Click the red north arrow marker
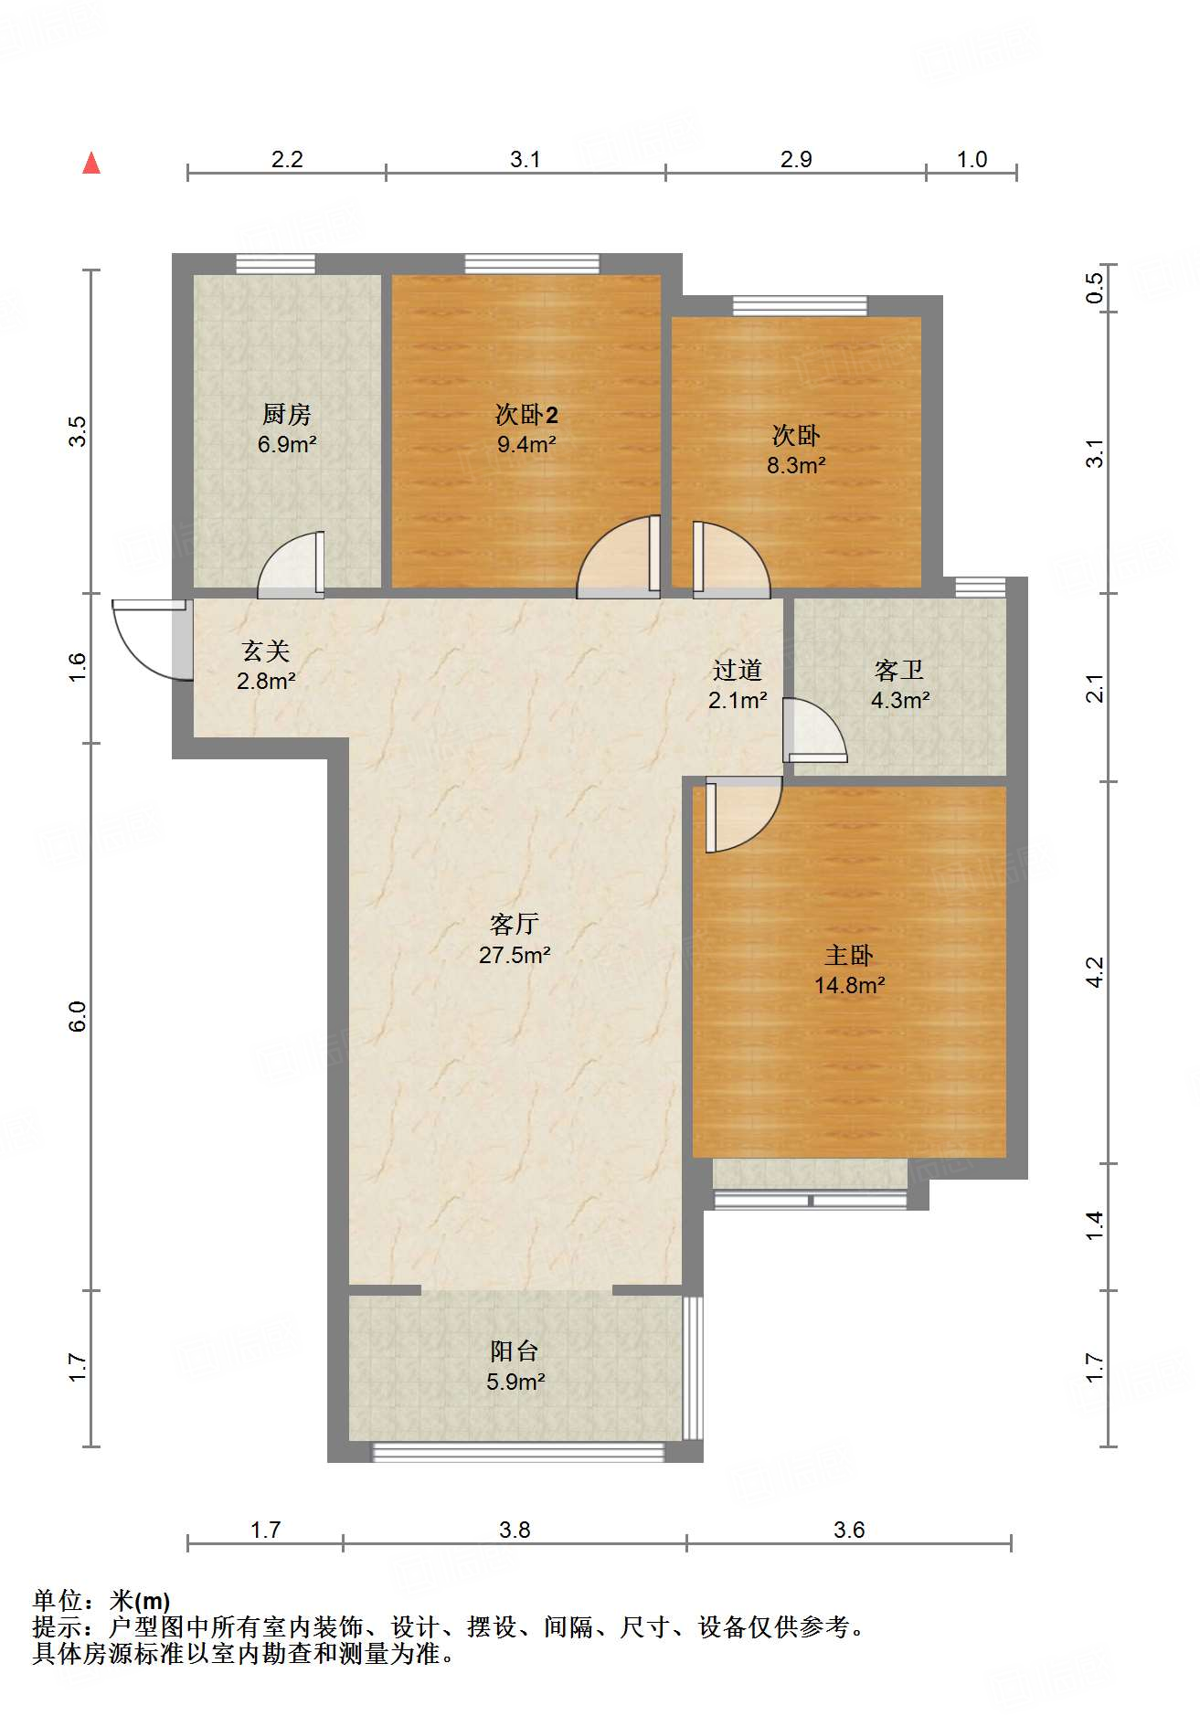91,164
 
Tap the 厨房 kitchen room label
287,415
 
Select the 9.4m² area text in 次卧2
526,445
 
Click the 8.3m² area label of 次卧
796,466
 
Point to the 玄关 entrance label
266,651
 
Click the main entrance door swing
146,640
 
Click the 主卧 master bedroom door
742,815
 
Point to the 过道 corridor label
738,671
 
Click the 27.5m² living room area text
515,956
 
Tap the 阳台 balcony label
515,1351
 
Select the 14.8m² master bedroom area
850,986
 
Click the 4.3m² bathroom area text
900,701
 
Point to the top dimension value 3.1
526,160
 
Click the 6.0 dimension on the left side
79,1017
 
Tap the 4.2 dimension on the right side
1095,972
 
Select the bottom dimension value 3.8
515,1531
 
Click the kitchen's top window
275,264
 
